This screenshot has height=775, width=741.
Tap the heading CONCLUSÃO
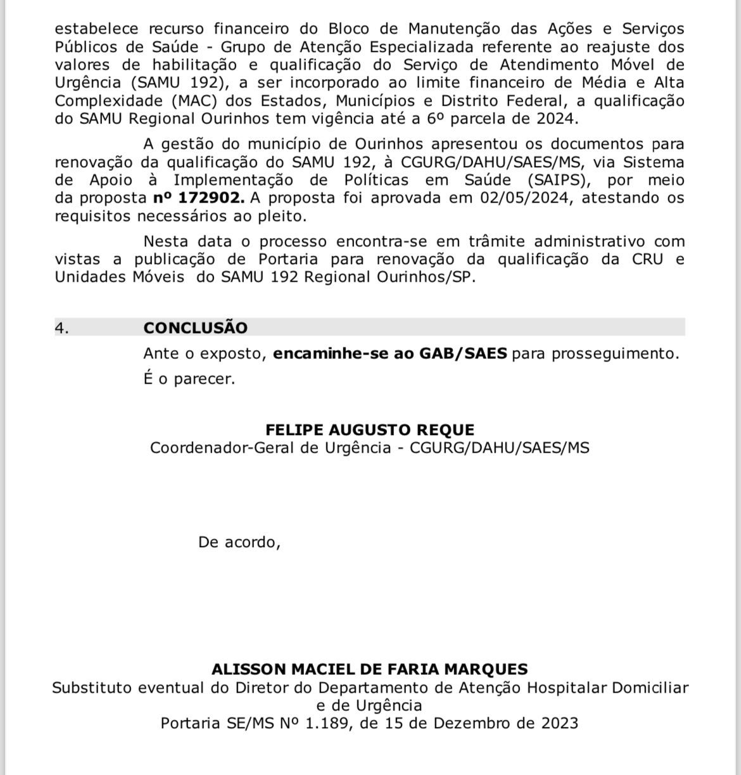195,327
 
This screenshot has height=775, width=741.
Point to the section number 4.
61,327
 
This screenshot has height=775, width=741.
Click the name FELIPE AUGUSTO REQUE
370,430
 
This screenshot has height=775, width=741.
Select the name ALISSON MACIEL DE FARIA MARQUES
370,669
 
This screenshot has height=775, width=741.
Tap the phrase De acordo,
239,542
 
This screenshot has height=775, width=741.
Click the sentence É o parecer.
189,379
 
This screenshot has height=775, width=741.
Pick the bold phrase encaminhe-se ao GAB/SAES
390,353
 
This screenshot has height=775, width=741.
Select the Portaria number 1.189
327,723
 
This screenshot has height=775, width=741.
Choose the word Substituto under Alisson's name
92,688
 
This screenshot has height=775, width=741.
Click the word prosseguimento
615,353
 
